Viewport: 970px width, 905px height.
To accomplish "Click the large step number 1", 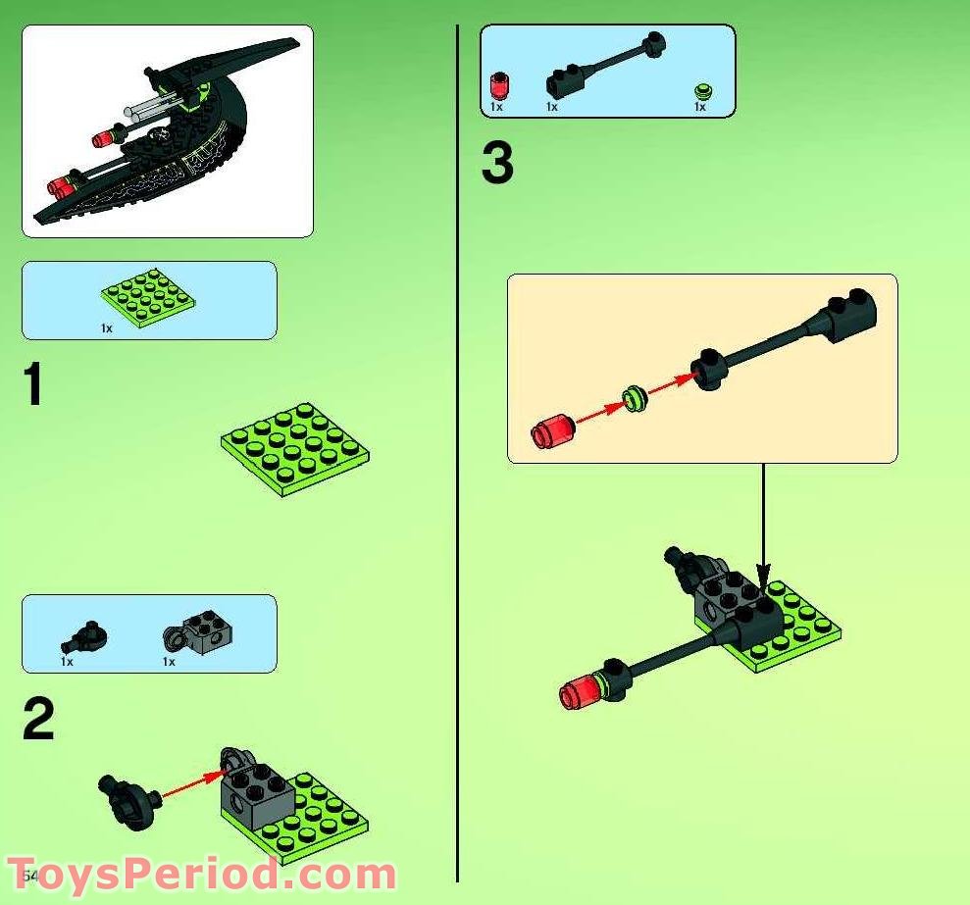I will tap(34, 384).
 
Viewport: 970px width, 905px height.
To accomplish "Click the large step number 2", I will tap(38, 722).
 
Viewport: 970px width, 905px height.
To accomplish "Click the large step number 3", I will tap(497, 164).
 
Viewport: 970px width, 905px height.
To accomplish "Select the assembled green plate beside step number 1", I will tap(295, 446).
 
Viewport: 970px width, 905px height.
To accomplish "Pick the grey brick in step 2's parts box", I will tap(203, 632).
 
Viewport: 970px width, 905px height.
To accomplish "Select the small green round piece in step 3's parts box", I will tap(701, 92).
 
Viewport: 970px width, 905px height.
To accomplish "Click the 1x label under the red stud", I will tap(495, 107).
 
